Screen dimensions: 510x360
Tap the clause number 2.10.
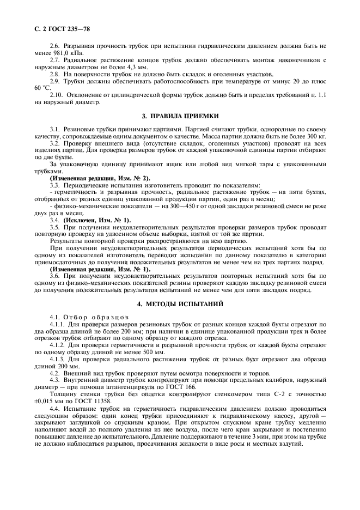(57, 94)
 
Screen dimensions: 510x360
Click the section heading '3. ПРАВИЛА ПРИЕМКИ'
(180, 116)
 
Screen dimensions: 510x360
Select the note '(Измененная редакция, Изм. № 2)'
(100, 178)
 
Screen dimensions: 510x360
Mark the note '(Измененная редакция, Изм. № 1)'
(100, 269)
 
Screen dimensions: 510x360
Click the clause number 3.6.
(55, 276)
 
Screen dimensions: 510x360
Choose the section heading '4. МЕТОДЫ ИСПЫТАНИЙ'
(180, 302)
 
